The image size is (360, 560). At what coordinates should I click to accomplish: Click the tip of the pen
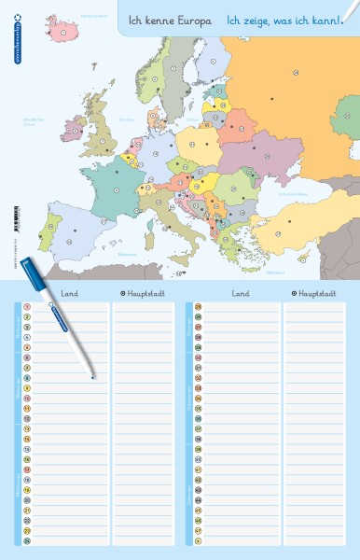[93, 378]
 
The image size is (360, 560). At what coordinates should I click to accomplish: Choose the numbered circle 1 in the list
[28, 305]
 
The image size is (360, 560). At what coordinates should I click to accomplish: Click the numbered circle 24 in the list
[28, 541]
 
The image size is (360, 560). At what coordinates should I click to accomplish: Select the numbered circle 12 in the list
[28, 418]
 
